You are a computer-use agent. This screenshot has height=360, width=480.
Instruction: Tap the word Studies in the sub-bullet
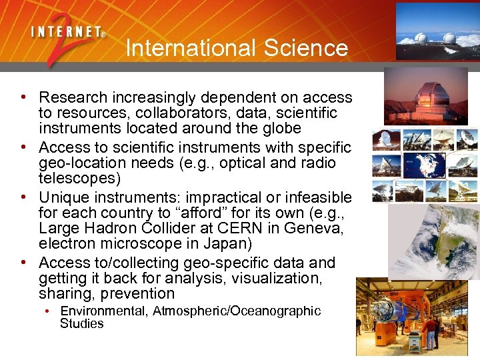click(x=82, y=324)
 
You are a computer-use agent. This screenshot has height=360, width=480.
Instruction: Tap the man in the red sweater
click(x=431, y=330)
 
